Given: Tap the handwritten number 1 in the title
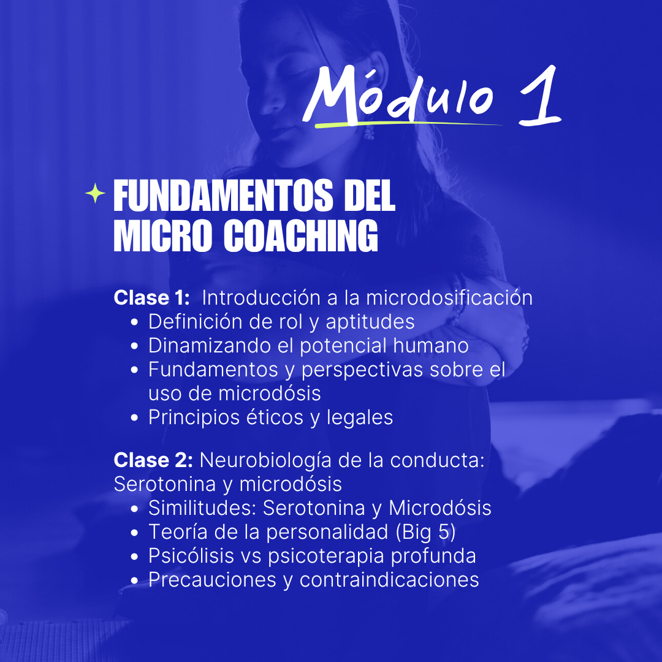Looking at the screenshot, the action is click(x=540, y=96).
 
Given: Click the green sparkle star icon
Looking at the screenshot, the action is click(x=96, y=193).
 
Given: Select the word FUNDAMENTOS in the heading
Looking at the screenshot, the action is click(x=223, y=196).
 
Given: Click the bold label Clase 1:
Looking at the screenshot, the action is click(x=152, y=298).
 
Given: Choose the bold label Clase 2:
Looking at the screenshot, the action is click(x=153, y=460).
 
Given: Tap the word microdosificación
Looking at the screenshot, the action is click(x=449, y=298).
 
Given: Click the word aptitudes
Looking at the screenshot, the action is click(x=370, y=322).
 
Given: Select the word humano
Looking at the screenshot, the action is click(x=431, y=345).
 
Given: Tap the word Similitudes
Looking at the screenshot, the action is click(x=202, y=508).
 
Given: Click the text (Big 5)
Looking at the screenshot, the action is click(x=425, y=533).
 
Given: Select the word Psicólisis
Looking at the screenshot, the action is click(x=191, y=555).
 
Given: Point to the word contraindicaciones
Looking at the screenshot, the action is click(x=389, y=580).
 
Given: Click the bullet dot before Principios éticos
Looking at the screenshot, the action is click(x=135, y=418).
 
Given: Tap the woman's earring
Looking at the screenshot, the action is click(x=369, y=131).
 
